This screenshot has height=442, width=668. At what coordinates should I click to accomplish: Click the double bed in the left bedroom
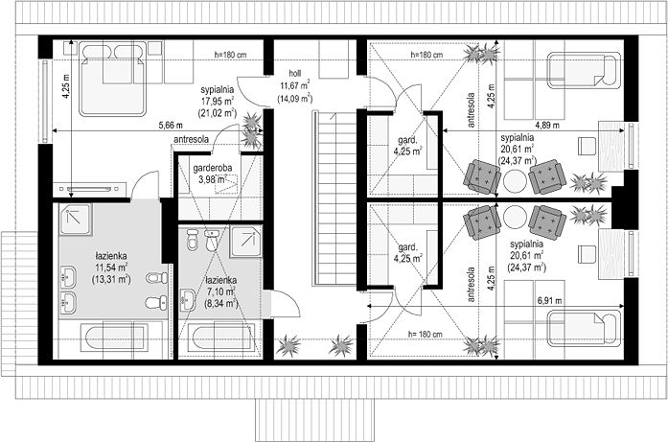click(113, 79)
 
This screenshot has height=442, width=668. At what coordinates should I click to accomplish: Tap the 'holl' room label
click(295, 73)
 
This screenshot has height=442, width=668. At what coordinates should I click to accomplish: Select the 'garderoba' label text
click(213, 168)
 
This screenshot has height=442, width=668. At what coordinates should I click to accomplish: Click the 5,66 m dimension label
click(171, 125)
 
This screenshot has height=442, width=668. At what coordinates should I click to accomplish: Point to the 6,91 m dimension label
click(549, 300)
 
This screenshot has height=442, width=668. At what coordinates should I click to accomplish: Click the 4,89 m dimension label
click(547, 125)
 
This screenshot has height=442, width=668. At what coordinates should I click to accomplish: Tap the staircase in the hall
click(335, 198)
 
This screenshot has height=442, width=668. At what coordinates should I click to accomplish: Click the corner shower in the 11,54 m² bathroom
click(75, 219)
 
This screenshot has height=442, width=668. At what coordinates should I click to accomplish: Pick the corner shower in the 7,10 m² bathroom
click(245, 243)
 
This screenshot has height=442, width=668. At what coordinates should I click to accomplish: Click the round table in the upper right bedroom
click(515, 180)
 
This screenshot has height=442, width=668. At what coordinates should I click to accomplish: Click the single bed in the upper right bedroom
click(584, 70)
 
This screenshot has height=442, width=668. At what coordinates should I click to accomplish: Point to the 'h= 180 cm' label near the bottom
click(426, 335)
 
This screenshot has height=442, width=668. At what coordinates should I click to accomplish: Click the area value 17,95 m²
click(218, 102)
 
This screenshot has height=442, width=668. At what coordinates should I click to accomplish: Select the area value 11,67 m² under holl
click(295, 84)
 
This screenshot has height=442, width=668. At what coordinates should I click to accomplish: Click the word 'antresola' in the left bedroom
click(192, 139)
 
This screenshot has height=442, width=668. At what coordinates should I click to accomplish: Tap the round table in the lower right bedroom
click(515, 217)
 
